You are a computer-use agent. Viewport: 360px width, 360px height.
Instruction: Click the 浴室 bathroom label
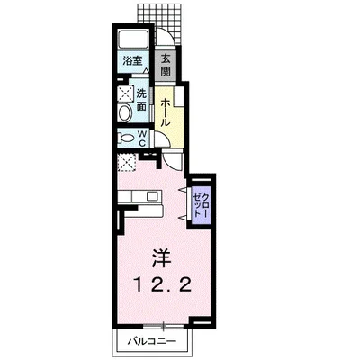(132, 61)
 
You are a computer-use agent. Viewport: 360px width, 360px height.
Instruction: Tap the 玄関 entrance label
(166, 65)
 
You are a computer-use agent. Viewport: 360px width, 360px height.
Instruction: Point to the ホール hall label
(166, 112)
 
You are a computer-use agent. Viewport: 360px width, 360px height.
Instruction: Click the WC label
(142, 139)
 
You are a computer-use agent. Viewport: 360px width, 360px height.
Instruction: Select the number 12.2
(162, 285)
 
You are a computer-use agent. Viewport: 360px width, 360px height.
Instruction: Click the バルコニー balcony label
(152, 341)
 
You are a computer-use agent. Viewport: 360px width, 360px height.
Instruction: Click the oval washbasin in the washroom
(125, 113)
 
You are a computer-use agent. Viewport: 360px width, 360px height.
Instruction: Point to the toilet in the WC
(127, 139)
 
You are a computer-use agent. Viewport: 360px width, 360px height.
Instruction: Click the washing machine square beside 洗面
(126, 93)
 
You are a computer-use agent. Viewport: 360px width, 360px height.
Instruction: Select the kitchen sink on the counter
(152, 196)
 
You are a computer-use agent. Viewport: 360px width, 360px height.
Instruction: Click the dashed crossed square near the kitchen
(127, 162)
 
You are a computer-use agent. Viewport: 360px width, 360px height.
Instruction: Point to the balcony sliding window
(164, 325)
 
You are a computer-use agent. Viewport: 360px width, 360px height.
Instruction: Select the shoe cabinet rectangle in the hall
(179, 96)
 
